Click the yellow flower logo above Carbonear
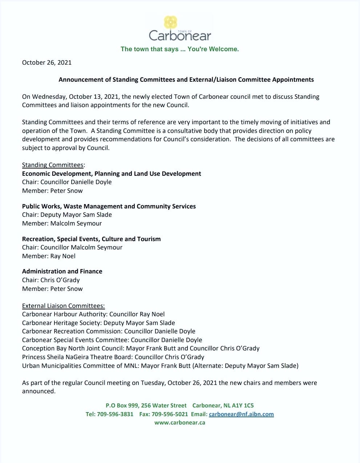coord(170,22)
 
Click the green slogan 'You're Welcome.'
coord(213,49)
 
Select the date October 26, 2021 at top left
coord(47,62)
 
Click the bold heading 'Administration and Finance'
coord(62,271)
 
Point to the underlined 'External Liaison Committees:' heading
coord(64,306)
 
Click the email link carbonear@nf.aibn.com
coord(241,414)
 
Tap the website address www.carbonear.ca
coord(180,422)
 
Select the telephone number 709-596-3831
coord(115,414)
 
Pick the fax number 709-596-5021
coord(170,414)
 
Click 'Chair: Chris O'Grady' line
coord(51,280)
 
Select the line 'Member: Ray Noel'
coord(49,256)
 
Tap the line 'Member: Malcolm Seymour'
coord(62,223)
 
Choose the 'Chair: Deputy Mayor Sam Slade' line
coord(67,215)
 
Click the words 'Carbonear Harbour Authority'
coord(64,314)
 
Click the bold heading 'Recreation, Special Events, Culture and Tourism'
coord(91,239)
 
